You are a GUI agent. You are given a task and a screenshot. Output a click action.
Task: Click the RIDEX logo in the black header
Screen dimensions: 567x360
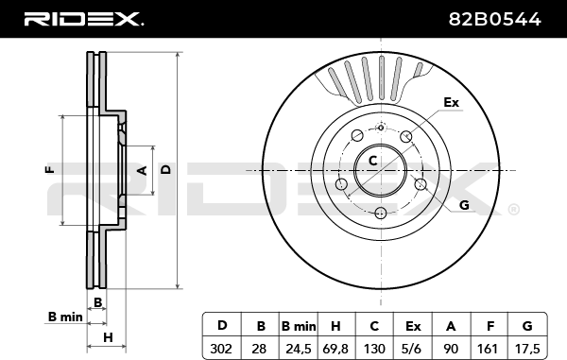(x=84, y=19)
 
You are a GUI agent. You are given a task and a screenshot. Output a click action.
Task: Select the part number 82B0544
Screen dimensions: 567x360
(x=494, y=19)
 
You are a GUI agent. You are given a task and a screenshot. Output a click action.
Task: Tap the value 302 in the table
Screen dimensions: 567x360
(x=221, y=349)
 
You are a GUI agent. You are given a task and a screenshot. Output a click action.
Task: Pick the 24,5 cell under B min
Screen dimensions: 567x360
(x=299, y=349)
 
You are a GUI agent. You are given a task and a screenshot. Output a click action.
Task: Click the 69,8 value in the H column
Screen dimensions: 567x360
(x=335, y=349)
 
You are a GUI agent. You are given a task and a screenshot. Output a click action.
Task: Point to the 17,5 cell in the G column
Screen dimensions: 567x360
(x=526, y=349)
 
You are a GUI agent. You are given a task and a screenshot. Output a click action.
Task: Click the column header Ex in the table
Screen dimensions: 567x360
(x=413, y=326)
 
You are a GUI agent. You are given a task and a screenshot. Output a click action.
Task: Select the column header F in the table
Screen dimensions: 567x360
(x=490, y=326)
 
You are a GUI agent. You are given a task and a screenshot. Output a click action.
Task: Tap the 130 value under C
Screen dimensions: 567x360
(x=374, y=349)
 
